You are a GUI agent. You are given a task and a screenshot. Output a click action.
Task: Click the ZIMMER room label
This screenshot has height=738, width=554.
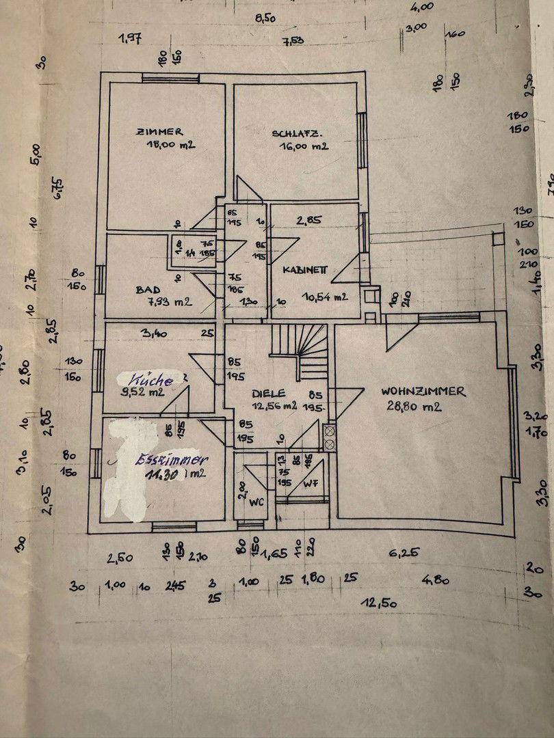click(159, 131)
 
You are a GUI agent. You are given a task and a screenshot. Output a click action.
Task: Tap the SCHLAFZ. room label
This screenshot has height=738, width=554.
click(297, 134)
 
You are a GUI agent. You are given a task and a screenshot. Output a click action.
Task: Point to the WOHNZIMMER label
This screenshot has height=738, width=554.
click(423, 392)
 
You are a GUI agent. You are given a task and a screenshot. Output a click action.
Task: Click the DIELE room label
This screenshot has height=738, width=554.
click(268, 394)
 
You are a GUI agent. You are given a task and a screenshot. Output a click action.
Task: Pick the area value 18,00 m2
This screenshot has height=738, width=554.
click(171, 145)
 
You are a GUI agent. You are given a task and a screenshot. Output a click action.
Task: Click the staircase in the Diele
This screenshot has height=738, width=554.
click(301, 352)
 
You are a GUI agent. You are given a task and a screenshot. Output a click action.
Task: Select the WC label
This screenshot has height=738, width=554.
click(257, 502)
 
